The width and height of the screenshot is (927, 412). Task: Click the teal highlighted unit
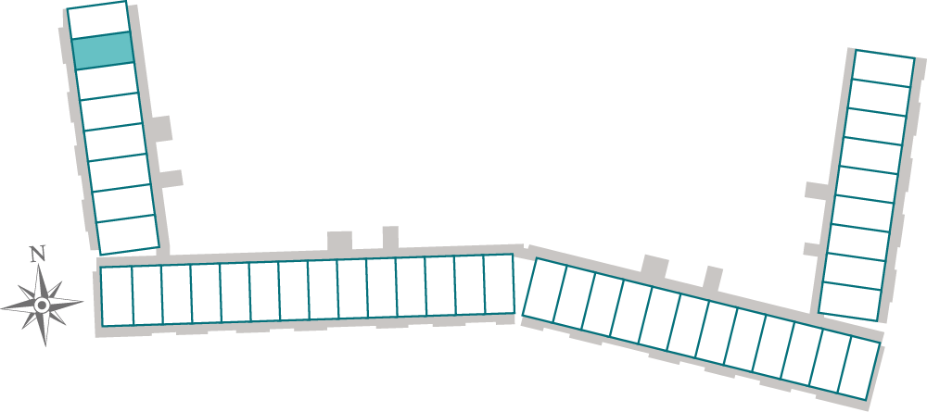(102, 50)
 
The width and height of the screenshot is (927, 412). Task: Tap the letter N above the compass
(37, 253)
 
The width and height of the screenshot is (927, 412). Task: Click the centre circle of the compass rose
(42, 305)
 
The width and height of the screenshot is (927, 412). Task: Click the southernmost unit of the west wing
(128, 234)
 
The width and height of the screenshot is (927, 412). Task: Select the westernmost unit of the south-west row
(117, 296)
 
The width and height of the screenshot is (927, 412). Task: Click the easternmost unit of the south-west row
(499, 284)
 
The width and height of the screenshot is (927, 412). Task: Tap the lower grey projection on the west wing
(171, 178)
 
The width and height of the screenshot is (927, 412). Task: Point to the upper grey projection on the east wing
(816, 191)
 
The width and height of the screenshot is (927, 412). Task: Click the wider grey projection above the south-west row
(339, 241)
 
